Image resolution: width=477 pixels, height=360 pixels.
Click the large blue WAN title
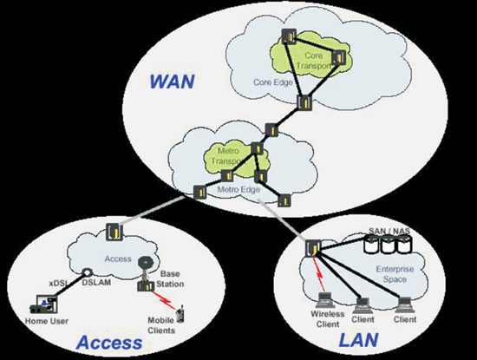[173, 82]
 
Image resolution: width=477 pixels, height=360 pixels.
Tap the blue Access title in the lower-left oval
[109, 343]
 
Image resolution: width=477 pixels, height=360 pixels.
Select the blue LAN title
[359, 339]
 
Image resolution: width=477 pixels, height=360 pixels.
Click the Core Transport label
[314, 60]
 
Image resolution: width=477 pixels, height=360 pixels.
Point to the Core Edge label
[273, 82]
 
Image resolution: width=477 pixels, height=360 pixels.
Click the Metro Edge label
[238, 190]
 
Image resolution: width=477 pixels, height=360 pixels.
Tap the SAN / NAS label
[389, 231]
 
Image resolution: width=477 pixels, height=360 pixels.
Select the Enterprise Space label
[395, 274]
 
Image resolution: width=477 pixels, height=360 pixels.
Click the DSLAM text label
[96, 283]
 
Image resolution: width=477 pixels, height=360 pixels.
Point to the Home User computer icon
[44, 304]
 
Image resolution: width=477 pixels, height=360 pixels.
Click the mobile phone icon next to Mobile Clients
[180, 314]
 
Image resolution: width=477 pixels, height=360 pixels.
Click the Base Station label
[170, 278]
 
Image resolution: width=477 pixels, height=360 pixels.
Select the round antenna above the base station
[145, 262]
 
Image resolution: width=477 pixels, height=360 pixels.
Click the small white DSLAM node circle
[87, 272]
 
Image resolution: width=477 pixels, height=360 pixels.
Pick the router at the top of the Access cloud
[114, 232]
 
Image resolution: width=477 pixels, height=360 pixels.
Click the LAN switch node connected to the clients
[313, 248]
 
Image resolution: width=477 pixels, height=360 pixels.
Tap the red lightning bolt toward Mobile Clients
[164, 300]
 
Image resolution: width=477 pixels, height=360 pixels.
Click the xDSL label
[58, 284]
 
